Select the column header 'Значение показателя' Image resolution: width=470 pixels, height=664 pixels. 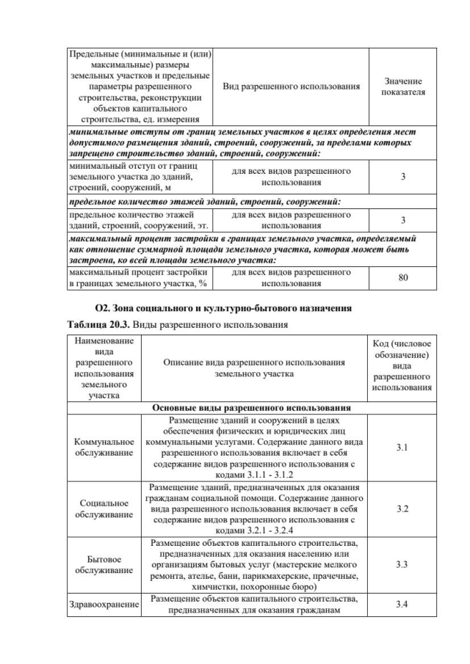click(x=402, y=87)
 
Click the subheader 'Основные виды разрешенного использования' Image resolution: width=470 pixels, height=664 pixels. click(x=250, y=407)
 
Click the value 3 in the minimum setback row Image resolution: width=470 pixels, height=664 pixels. click(x=402, y=177)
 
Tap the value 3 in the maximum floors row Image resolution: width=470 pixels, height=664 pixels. click(x=402, y=220)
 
